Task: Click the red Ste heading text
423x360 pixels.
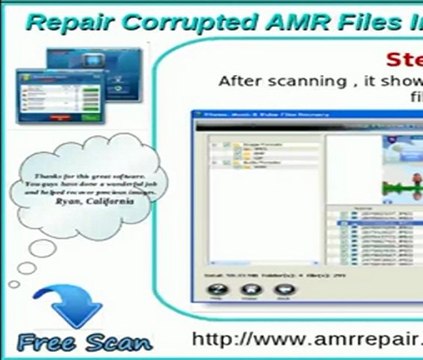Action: click(402, 57)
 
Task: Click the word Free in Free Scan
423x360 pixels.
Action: click(48, 341)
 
